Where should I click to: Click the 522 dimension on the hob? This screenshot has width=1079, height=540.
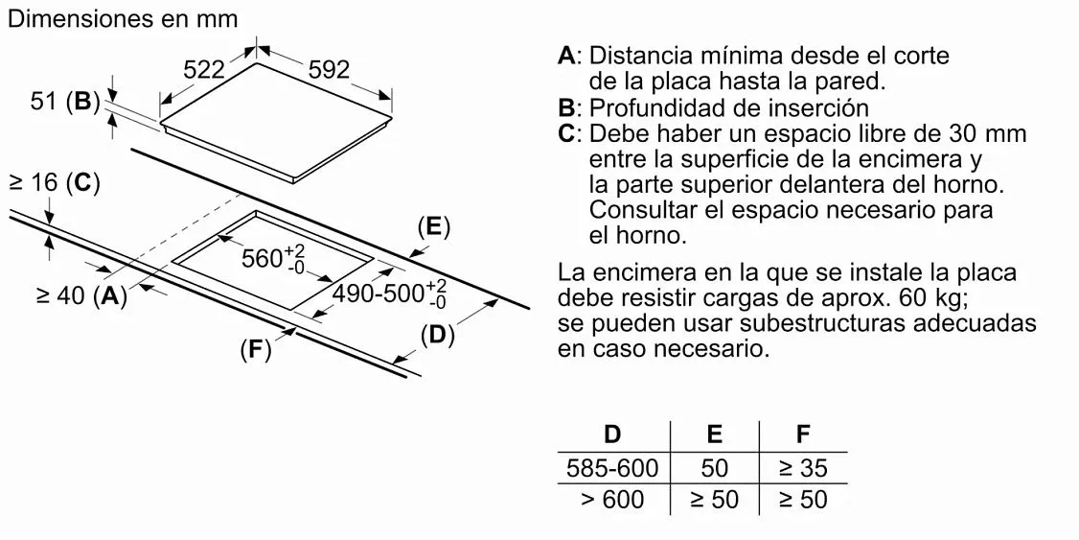(203, 69)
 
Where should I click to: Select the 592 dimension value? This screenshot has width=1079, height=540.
(329, 69)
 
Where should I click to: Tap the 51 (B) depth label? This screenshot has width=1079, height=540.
(65, 101)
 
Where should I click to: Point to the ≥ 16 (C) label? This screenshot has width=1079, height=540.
(54, 182)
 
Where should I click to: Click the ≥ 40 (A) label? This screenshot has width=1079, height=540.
(81, 296)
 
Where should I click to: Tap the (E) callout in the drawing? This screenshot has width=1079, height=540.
(433, 226)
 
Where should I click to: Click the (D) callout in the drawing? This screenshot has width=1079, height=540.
(437, 336)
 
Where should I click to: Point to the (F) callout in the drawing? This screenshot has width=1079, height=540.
(255, 350)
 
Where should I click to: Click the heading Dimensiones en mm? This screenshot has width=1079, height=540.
(122, 19)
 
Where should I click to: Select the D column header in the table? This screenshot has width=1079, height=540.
(612, 434)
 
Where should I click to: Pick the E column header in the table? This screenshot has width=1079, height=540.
(715, 434)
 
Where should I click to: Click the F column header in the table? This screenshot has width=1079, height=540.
(803, 434)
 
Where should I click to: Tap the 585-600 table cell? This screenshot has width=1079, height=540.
(612, 468)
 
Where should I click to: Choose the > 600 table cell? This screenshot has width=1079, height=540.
(612, 500)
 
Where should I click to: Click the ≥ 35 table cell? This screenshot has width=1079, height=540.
(803, 468)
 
